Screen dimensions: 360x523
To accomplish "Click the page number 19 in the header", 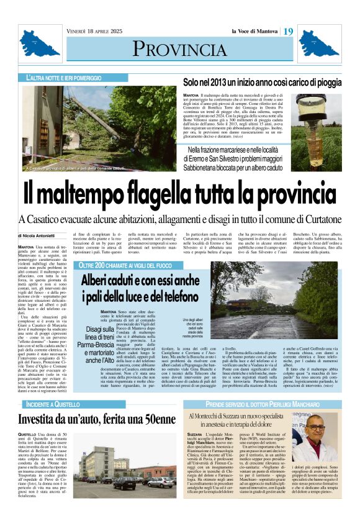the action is point(289,32).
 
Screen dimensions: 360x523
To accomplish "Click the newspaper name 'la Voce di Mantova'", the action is point(254,32).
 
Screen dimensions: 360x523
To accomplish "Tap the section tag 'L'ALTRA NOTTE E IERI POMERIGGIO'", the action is point(64,78).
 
